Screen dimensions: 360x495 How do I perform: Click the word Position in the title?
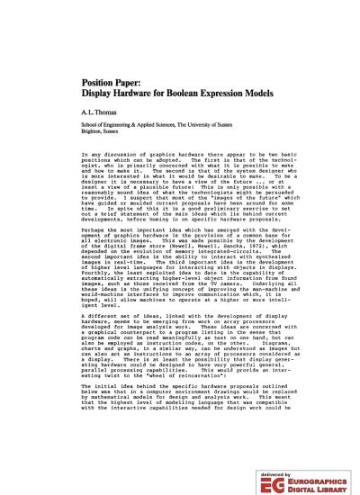click(x=73, y=80)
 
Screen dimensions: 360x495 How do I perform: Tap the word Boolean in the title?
click(x=166, y=91)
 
